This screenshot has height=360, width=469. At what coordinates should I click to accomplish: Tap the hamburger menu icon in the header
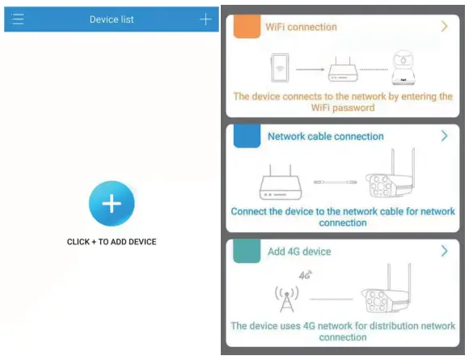point(18,19)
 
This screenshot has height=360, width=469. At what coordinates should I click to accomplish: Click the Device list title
point(112,19)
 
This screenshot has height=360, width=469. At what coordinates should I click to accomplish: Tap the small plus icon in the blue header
point(205,19)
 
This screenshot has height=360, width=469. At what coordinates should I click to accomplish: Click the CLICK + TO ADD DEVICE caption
point(112,242)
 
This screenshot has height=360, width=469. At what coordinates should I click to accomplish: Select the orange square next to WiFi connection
point(246,27)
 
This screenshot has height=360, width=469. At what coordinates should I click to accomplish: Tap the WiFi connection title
point(302,27)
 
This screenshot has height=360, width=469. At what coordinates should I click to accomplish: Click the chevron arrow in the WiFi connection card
point(444,27)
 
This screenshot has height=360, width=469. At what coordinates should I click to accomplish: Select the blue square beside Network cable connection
point(246,137)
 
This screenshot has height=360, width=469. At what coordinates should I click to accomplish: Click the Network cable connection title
point(325,137)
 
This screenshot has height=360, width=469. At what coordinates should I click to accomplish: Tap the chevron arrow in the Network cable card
point(444,137)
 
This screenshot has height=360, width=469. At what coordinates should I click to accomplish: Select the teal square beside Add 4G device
point(246,252)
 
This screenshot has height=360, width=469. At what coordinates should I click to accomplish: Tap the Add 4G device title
point(299,252)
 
